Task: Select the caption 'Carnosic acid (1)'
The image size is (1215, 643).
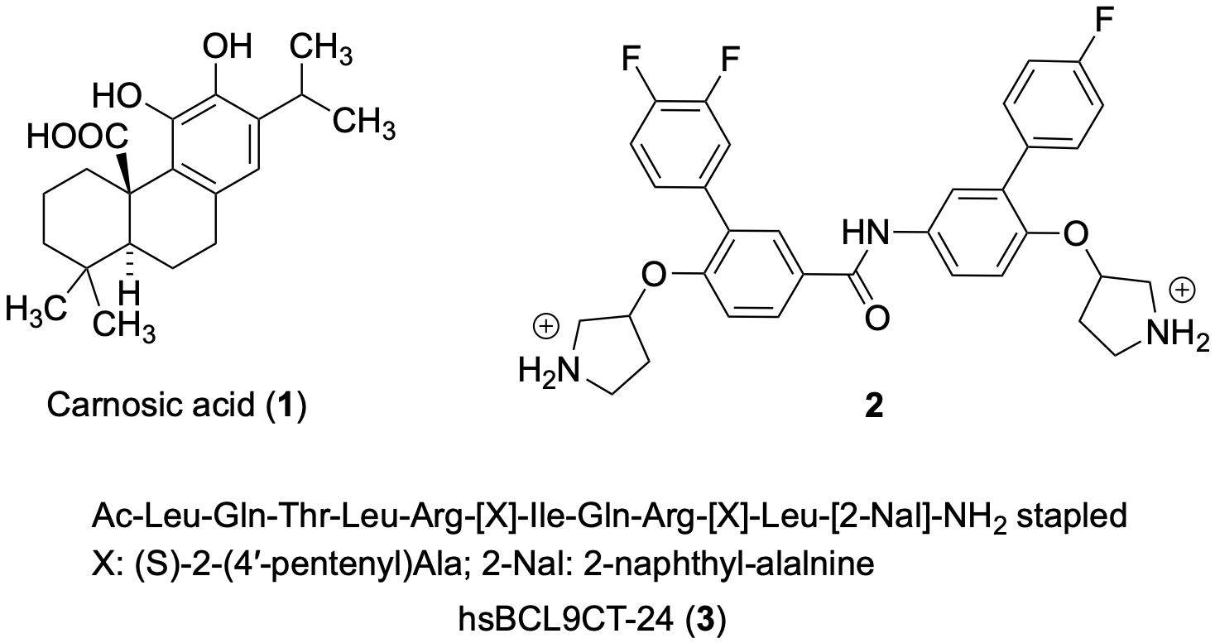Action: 177,406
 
